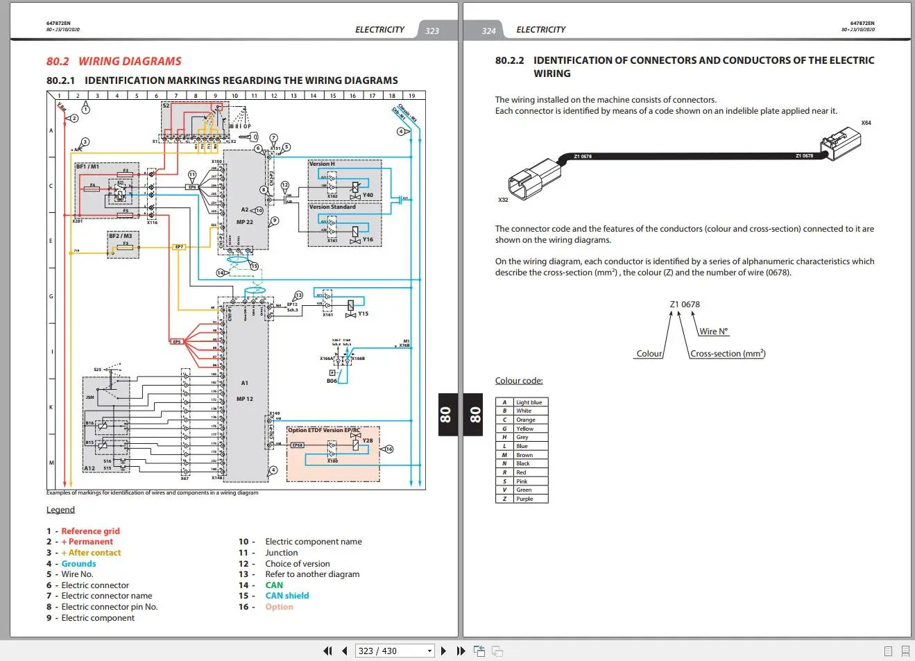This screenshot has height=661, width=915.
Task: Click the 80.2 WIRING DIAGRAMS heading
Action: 114,61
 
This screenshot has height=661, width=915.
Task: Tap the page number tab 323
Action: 432,31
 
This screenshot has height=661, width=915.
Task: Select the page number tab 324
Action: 488,31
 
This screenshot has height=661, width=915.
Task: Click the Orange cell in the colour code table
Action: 526,420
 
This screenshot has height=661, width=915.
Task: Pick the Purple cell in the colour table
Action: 525,499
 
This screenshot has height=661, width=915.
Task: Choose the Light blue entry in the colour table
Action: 529,402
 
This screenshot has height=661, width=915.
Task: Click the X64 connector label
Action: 866,123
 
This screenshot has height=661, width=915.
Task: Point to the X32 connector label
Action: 503,200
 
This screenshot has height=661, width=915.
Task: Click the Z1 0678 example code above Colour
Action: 685,304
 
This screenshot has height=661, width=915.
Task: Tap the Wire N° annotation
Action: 713,332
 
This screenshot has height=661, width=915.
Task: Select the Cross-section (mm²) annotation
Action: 728,354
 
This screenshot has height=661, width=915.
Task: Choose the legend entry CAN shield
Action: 287,596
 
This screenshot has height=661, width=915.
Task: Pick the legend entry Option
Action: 279,607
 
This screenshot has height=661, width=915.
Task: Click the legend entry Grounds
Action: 78,564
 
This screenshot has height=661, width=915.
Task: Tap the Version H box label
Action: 322,164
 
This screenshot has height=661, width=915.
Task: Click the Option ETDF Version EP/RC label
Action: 324,430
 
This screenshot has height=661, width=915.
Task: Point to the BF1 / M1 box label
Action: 87,166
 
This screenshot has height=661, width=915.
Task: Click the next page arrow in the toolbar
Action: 443,651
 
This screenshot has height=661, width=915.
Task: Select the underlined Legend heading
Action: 60,510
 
